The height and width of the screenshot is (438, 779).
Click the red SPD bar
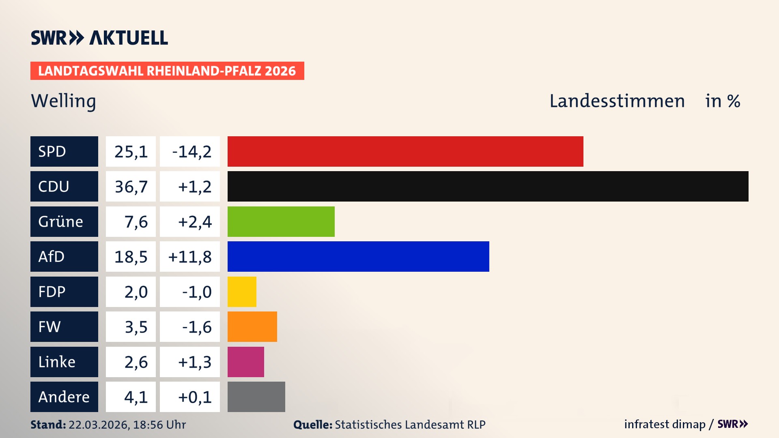pyautogui.click(x=405, y=151)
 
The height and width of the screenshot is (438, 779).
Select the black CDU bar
pyautogui.click(x=488, y=186)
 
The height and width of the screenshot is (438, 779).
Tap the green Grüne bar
pyautogui.click(x=281, y=221)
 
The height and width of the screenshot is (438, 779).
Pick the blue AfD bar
pyautogui.click(x=358, y=256)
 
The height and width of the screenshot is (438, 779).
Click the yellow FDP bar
pyautogui.click(x=242, y=292)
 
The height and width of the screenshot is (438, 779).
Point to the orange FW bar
pyautogui.click(x=252, y=326)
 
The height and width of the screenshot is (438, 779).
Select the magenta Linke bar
pyautogui.click(x=245, y=362)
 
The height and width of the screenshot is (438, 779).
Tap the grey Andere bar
pyautogui.click(x=256, y=397)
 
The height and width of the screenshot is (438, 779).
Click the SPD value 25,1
pyautogui.click(x=131, y=152)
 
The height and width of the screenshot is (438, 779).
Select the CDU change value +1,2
pyautogui.click(x=194, y=187)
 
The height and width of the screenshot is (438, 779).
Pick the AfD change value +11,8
pyautogui.click(x=189, y=257)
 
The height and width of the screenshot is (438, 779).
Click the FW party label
pyautogui.click(x=50, y=326)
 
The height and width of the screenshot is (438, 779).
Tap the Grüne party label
pyautogui.click(x=60, y=221)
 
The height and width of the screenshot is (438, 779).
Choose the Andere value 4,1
pyautogui.click(x=136, y=397)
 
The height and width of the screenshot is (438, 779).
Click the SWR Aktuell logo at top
pyautogui.click(x=99, y=38)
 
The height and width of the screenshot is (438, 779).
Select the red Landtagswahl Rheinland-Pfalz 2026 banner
pyautogui.click(x=167, y=71)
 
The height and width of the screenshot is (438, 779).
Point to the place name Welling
pyautogui.click(x=63, y=101)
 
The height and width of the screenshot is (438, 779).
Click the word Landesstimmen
pyautogui.click(x=617, y=101)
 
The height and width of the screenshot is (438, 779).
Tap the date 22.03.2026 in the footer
pyautogui.click(x=99, y=425)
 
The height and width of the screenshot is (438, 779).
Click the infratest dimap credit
pyautogui.click(x=664, y=424)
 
